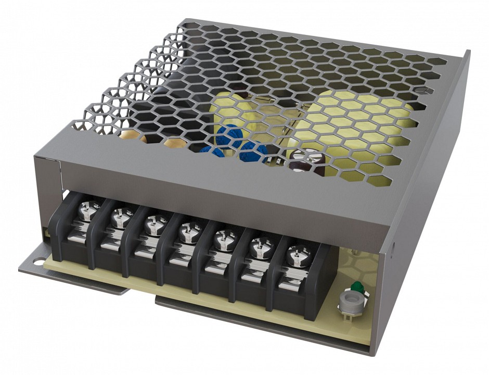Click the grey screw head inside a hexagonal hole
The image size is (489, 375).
pos(425,91)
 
